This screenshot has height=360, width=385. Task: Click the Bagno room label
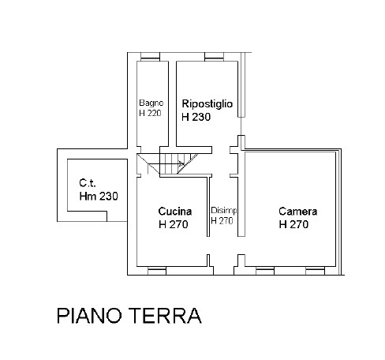click(151, 103)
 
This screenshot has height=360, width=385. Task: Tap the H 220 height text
click(150, 113)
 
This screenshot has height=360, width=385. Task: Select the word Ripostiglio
click(207, 104)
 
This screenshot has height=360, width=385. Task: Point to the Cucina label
click(175, 212)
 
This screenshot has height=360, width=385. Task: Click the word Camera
click(297, 212)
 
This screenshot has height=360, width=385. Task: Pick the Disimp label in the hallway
click(224, 211)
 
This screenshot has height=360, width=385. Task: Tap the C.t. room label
click(88, 182)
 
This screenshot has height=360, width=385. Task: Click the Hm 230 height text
click(99, 196)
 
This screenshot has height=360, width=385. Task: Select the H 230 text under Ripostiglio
click(196, 117)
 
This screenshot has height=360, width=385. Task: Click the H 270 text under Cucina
click(174, 224)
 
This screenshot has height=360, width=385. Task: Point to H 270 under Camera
click(293, 224)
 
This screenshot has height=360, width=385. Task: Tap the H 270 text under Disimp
click(222, 221)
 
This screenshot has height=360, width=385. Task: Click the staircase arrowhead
click(181, 163)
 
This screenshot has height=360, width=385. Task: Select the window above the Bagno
click(150, 57)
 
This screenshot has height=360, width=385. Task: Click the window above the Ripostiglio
click(215, 57)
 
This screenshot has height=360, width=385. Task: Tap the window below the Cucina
click(157, 271)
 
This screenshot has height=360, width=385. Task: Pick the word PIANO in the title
click(89, 316)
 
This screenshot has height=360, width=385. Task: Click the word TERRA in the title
click(166, 316)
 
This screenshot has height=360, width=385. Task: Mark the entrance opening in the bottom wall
click(223, 271)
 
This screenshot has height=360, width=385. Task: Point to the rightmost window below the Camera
click(315, 271)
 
